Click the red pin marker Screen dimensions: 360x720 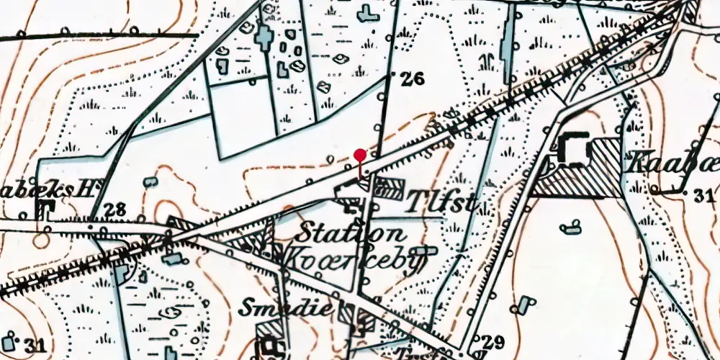[x=360, y=154]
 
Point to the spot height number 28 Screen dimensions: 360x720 [x=114, y=210]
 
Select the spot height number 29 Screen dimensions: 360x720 [x=494, y=341]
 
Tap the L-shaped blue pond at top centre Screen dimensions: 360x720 [x=369, y=12]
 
